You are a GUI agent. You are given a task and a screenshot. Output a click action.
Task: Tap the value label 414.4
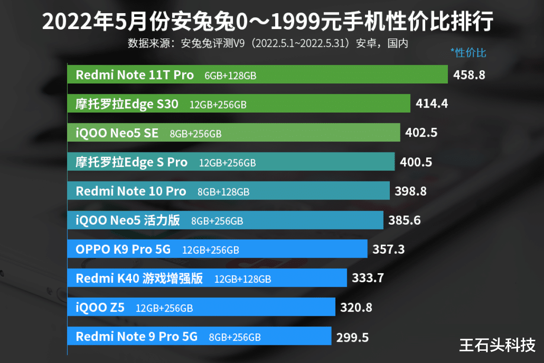(432, 104)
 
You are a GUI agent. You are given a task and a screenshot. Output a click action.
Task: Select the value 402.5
(421, 133)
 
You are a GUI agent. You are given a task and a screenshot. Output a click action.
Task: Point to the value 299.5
(352, 338)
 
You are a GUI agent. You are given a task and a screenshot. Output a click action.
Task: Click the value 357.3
(388, 250)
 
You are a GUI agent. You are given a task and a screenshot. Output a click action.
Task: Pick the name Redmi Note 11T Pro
(135, 75)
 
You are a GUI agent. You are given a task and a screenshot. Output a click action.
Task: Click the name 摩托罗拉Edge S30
(127, 104)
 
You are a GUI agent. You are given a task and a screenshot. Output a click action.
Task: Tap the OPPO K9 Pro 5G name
(123, 250)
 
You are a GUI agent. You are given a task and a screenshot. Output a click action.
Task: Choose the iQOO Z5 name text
(100, 308)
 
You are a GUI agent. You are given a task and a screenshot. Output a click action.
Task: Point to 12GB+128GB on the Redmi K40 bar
(243, 279)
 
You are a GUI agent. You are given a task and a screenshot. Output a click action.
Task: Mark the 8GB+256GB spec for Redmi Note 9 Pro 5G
(234, 338)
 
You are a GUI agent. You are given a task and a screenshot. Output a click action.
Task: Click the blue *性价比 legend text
(468, 53)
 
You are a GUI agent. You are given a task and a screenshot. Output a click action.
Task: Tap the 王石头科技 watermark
(497, 344)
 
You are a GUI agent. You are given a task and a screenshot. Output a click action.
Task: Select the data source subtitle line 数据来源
(268, 44)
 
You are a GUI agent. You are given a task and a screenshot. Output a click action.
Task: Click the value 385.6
(404, 221)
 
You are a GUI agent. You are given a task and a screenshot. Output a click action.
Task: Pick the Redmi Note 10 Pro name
(131, 191)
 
